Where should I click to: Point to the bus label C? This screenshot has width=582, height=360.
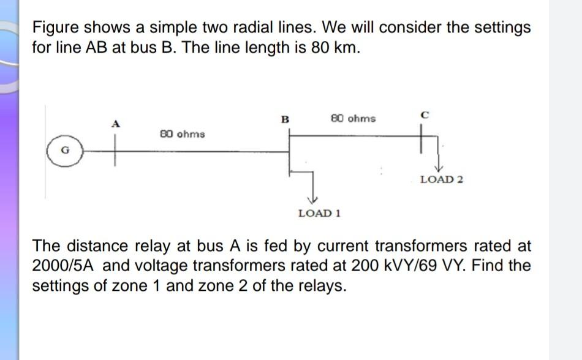(x=425, y=114)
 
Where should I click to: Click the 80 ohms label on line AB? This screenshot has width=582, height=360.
(x=182, y=133)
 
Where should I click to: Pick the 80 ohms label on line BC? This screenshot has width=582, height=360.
(x=353, y=118)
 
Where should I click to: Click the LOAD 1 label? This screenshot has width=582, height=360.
(x=319, y=213)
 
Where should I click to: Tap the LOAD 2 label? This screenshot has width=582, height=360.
(x=441, y=179)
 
